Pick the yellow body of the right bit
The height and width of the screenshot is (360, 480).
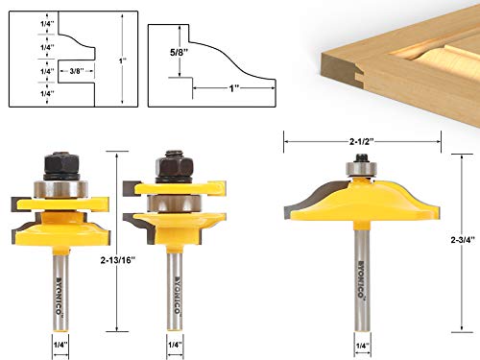pos(361,206)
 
